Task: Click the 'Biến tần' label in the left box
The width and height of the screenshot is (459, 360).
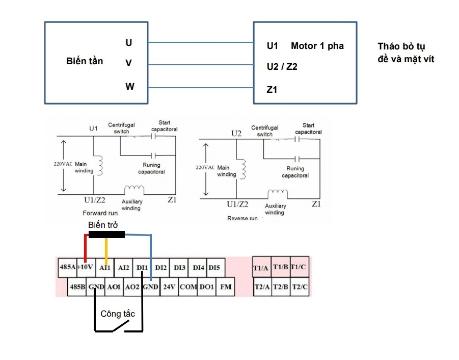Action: click(85, 61)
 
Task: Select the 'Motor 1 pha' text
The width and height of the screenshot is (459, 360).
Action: click(317, 46)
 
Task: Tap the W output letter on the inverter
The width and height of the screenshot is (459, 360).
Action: click(130, 87)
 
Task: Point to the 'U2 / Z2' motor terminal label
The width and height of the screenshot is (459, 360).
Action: click(282, 67)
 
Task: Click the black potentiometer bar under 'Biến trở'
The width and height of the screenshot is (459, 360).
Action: click(106, 235)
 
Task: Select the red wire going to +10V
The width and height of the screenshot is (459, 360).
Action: click(85, 247)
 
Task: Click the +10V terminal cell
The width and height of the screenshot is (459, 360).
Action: click(85, 267)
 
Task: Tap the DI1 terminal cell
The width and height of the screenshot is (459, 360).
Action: click(142, 267)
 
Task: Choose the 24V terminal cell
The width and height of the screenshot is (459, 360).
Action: click(169, 287)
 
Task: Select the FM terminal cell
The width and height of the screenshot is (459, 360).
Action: click(225, 287)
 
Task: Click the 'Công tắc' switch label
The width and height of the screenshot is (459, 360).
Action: click(118, 314)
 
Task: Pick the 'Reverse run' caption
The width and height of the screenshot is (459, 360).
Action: click(244, 218)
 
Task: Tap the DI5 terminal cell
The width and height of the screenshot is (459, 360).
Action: click(214, 267)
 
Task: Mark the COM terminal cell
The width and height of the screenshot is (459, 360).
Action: click(188, 287)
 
